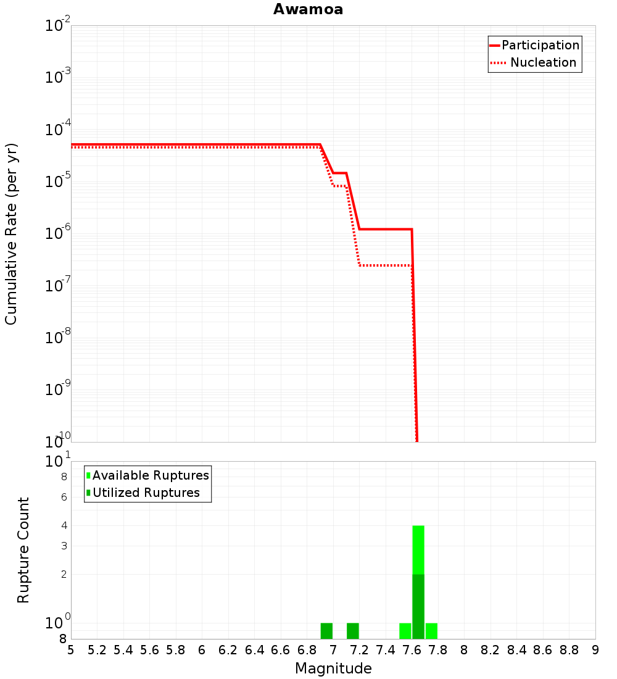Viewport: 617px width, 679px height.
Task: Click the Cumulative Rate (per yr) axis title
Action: pos(11,234)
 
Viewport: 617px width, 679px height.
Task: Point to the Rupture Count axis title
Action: pos(23,550)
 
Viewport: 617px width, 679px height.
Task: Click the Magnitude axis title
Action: pos(333,669)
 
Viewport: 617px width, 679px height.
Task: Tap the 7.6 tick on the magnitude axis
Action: pos(412,650)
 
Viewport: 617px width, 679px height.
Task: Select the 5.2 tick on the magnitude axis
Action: pos(97,650)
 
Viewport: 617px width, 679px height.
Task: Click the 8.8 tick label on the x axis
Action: pos(569,650)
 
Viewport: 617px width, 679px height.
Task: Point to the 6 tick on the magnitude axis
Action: pos(202,650)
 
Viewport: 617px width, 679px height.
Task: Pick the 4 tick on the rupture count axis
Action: pos(63,526)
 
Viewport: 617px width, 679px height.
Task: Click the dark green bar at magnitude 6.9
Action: pos(326,631)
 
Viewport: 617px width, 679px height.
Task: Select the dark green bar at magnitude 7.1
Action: pos(353,631)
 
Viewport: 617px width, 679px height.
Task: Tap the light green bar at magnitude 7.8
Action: pos(431,631)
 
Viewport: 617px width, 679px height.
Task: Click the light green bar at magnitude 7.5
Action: pos(405,631)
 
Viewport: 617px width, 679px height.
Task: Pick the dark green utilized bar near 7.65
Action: pos(418,606)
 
